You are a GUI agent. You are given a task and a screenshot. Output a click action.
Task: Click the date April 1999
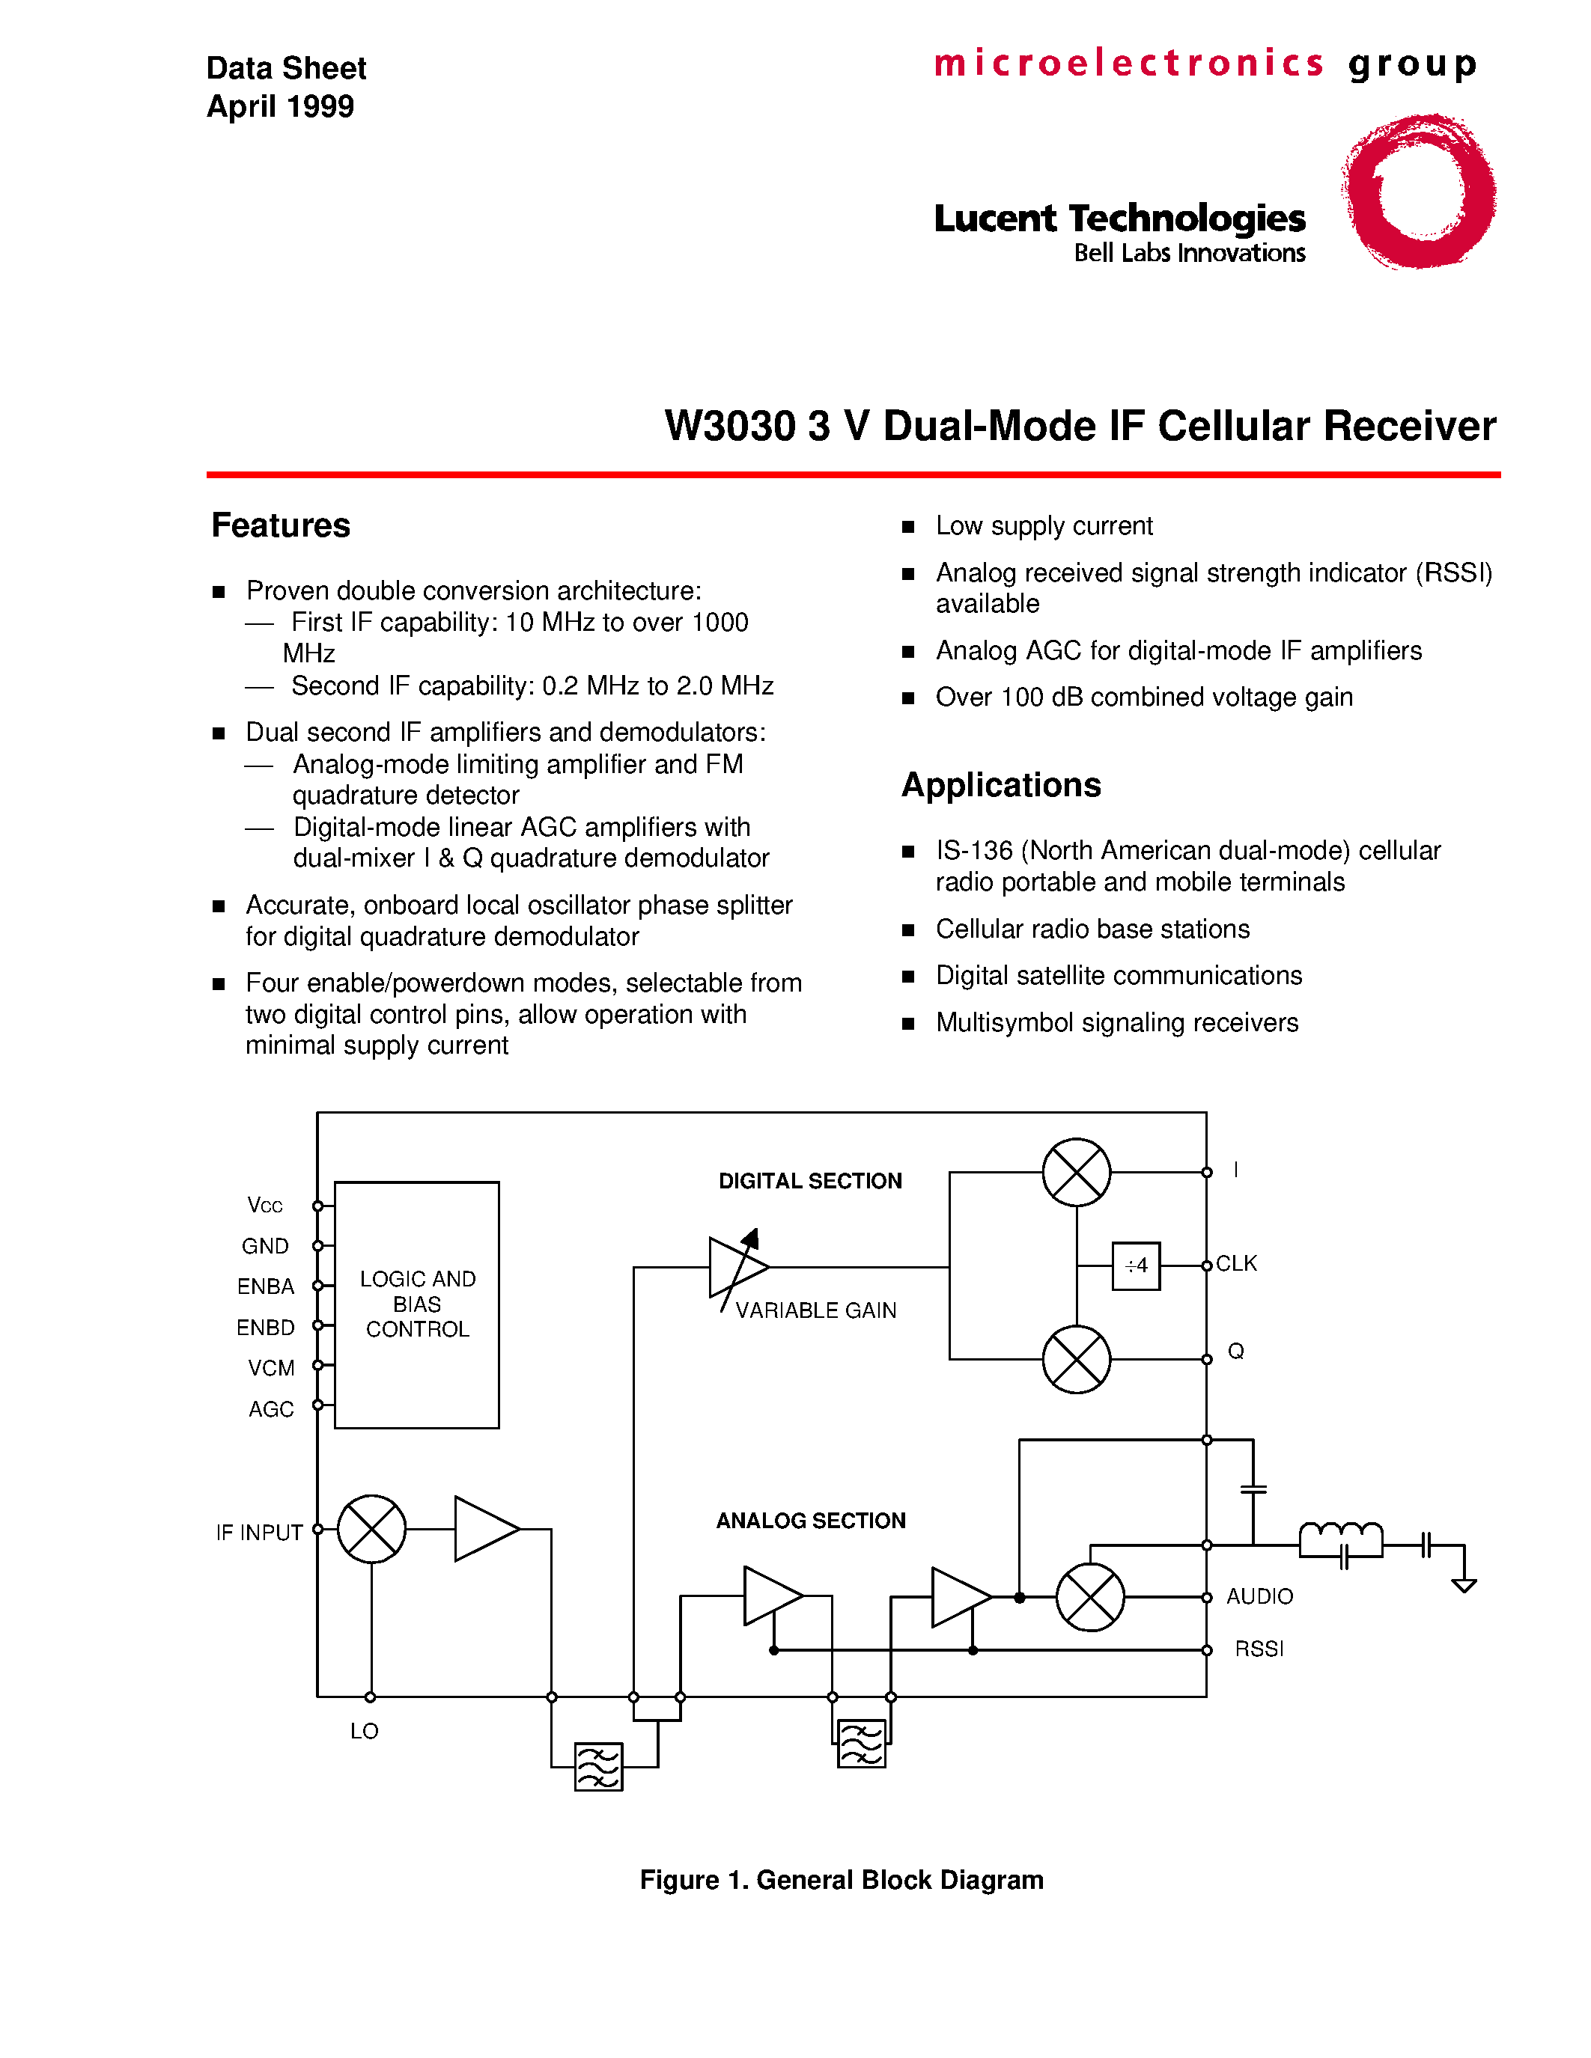[x=280, y=106]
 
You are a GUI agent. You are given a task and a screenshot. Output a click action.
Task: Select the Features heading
[x=280, y=525]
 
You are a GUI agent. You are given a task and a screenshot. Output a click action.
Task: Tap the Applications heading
[x=1000, y=785]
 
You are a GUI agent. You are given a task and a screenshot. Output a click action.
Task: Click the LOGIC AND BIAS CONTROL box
[x=416, y=1304]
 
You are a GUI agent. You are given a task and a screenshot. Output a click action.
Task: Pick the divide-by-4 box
[x=1136, y=1265]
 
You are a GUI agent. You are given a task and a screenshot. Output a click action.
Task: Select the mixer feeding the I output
[x=1077, y=1172]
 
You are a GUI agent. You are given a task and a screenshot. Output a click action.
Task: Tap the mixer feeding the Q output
[x=1077, y=1359]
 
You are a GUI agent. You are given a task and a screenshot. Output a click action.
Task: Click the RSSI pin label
[x=1259, y=1649]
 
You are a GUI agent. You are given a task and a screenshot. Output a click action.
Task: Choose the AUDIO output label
[x=1259, y=1596]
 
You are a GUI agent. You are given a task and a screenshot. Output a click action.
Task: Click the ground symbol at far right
[x=1464, y=1586]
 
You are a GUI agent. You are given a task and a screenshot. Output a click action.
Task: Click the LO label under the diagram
[x=364, y=1731]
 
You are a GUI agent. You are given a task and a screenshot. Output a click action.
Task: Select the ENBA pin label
[x=266, y=1286]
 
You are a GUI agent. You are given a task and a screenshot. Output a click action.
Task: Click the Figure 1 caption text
[x=841, y=1880]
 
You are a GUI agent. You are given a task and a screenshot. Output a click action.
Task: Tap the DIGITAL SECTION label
[x=809, y=1181]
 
